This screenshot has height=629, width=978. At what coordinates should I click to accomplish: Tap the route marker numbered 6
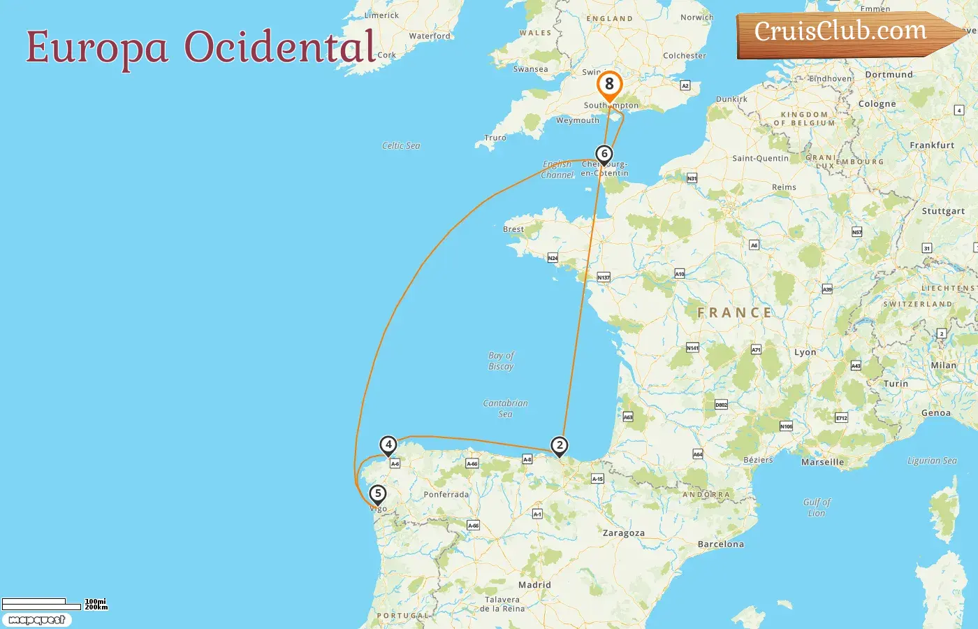pyautogui.click(x=604, y=154)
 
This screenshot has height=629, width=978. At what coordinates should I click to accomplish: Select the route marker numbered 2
pyautogui.click(x=559, y=446)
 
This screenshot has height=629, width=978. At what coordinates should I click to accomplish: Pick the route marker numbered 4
pyautogui.click(x=388, y=445)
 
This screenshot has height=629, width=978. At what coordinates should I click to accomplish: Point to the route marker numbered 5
pyautogui.click(x=378, y=494)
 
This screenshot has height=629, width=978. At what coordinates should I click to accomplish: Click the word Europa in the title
pyautogui.click(x=97, y=48)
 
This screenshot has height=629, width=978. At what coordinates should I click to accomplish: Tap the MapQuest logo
pyautogui.click(x=37, y=620)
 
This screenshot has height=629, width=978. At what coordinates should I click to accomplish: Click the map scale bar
pyautogui.click(x=41, y=604)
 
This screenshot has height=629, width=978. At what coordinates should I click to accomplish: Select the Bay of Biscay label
pyautogui.click(x=501, y=361)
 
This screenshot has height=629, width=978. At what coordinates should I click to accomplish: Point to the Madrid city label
pyautogui.click(x=534, y=585)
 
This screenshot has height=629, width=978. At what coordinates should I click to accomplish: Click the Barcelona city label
pyautogui.click(x=721, y=544)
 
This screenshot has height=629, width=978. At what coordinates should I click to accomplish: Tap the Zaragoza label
pyautogui.click(x=624, y=533)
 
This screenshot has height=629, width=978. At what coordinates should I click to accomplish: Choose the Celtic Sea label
pyautogui.click(x=401, y=146)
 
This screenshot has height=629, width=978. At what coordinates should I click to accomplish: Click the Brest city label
pyautogui.click(x=513, y=229)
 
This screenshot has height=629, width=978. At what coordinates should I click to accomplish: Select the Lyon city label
pyautogui.click(x=805, y=353)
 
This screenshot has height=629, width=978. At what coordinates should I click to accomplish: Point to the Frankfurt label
pyautogui.click(x=932, y=145)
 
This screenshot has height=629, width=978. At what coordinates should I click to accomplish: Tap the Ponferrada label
pyautogui.click(x=446, y=495)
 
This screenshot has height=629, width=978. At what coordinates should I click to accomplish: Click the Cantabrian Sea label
pyautogui.click(x=505, y=408)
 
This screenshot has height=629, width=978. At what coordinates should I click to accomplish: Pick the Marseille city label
pyautogui.click(x=822, y=463)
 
